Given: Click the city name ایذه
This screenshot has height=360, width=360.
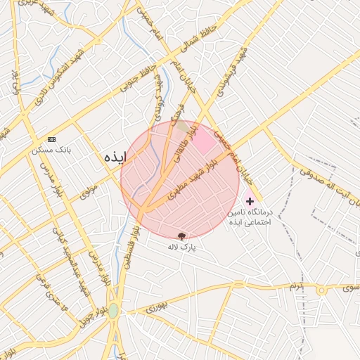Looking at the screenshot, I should point(115,156).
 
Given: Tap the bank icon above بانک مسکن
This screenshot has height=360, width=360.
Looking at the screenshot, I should point(51,140).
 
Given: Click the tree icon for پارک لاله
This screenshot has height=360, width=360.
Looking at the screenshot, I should point(182,236).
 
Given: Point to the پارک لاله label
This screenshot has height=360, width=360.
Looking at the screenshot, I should point(182,247).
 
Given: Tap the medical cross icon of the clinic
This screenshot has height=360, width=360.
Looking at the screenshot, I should point(250,201).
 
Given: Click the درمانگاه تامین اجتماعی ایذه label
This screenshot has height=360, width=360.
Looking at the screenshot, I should point(250,216).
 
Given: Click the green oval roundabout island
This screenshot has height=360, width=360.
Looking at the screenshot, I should point(113,310).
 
